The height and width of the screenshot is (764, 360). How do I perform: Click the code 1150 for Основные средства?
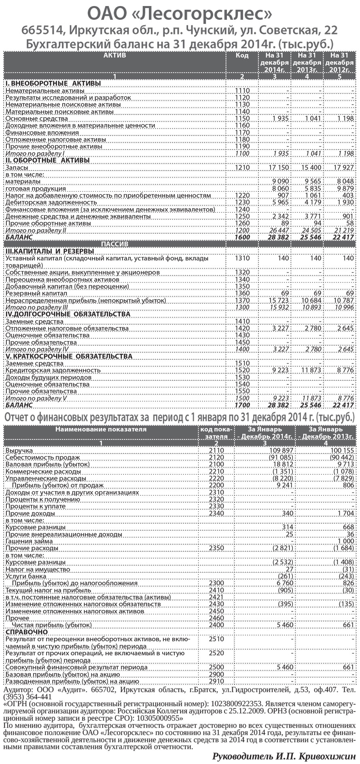click(242, 118)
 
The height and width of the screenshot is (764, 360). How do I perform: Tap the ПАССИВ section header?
click(114, 244)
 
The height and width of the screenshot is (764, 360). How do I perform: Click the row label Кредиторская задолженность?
click(59, 370)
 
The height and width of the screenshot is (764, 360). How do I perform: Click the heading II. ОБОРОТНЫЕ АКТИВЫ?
click(47, 160)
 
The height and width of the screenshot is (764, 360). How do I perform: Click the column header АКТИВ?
click(114, 55)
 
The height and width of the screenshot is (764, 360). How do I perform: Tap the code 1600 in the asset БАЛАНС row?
click(242, 237)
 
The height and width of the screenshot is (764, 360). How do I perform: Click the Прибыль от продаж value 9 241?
click(284, 485)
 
